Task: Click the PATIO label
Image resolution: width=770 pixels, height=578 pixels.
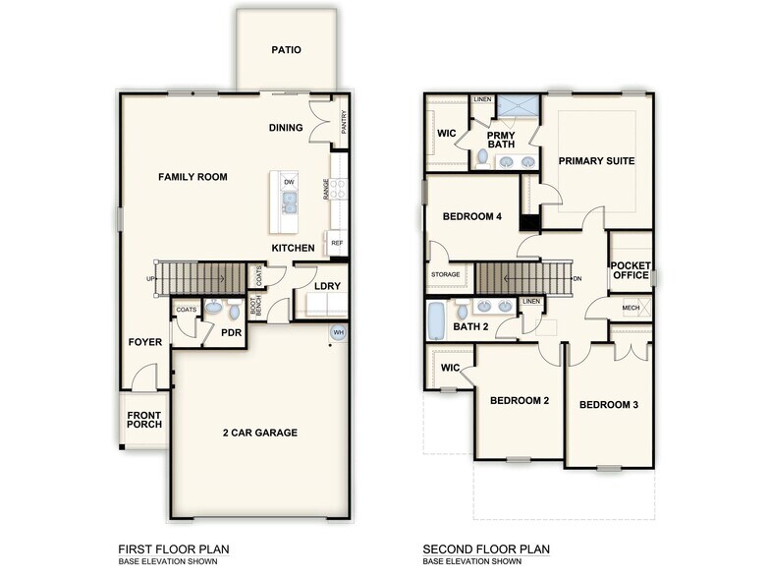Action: tap(286, 49)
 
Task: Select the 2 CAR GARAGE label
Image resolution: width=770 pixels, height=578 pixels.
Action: tap(260, 433)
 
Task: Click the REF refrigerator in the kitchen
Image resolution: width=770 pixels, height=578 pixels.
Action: tap(337, 243)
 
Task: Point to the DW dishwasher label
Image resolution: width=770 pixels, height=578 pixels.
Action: tap(289, 183)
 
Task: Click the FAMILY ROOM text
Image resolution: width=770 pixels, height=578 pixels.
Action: tap(193, 177)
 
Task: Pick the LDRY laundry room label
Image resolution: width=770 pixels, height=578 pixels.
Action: tap(327, 287)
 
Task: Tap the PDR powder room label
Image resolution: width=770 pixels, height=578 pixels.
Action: tap(232, 333)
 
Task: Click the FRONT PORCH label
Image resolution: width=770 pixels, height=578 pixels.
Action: tap(143, 420)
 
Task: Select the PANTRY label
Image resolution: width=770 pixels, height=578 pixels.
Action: tap(344, 122)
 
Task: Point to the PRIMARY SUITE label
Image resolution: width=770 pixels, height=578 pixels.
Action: tap(597, 160)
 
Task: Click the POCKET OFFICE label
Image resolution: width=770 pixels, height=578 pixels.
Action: tap(630, 270)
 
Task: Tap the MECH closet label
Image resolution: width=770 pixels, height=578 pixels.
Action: tap(632, 309)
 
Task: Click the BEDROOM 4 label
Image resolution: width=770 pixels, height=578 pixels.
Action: tap(472, 216)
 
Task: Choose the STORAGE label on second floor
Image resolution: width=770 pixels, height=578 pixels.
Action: tap(446, 275)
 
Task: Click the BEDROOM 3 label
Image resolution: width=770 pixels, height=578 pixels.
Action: tap(608, 405)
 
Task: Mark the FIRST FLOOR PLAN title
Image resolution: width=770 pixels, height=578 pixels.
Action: tap(175, 549)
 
